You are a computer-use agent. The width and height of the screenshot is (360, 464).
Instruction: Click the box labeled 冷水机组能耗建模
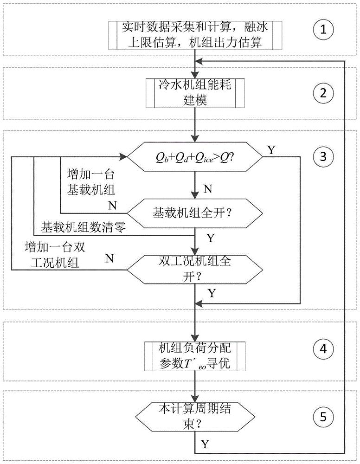click(x=196, y=94)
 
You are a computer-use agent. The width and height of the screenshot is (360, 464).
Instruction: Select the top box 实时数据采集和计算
click(x=196, y=35)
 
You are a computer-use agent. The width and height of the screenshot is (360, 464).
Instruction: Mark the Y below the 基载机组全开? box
click(x=210, y=238)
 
